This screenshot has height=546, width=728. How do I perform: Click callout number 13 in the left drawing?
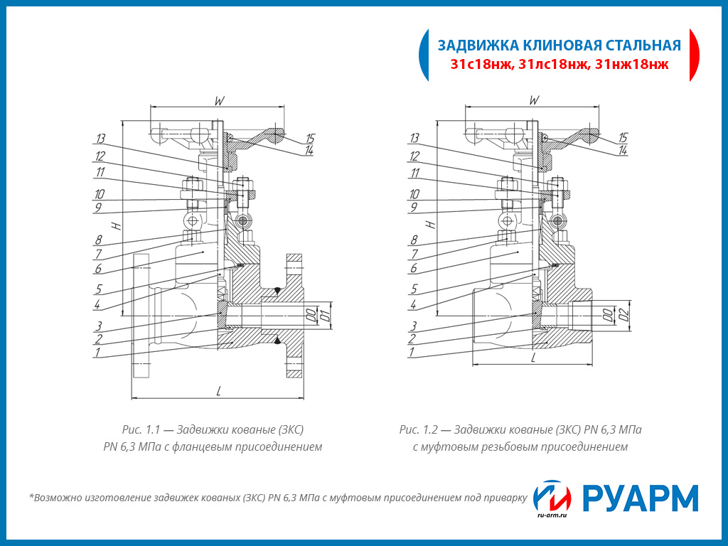tap(100, 138)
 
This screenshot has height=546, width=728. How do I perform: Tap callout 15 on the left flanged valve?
tap(310, 139)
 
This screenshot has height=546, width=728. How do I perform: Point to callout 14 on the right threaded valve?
tap(623, 151)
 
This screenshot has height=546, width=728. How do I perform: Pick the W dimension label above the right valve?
tap(534, 100)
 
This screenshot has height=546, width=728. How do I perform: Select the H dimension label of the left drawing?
tap(118, 225)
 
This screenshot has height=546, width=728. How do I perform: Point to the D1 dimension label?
tap(324, 314)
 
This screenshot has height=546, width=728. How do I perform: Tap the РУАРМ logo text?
tap(640, 498)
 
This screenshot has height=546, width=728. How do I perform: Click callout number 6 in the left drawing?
tap(99, 269)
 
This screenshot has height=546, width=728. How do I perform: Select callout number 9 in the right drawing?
tap(412, 207)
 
